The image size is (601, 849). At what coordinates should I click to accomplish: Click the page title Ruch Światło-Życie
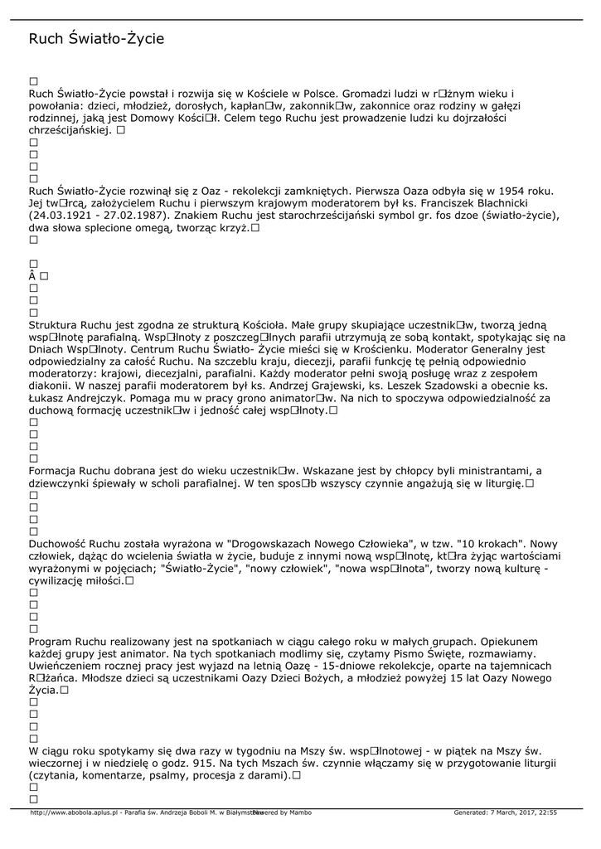pyautogui.click(x=96, y=39)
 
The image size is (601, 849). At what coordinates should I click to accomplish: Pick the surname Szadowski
pyautogui.click(x=458, y=386)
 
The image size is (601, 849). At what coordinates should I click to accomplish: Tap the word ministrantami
pyautogui.click(x=491, y=471)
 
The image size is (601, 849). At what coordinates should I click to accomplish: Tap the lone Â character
pyautogui.click(x=32, y=275)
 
